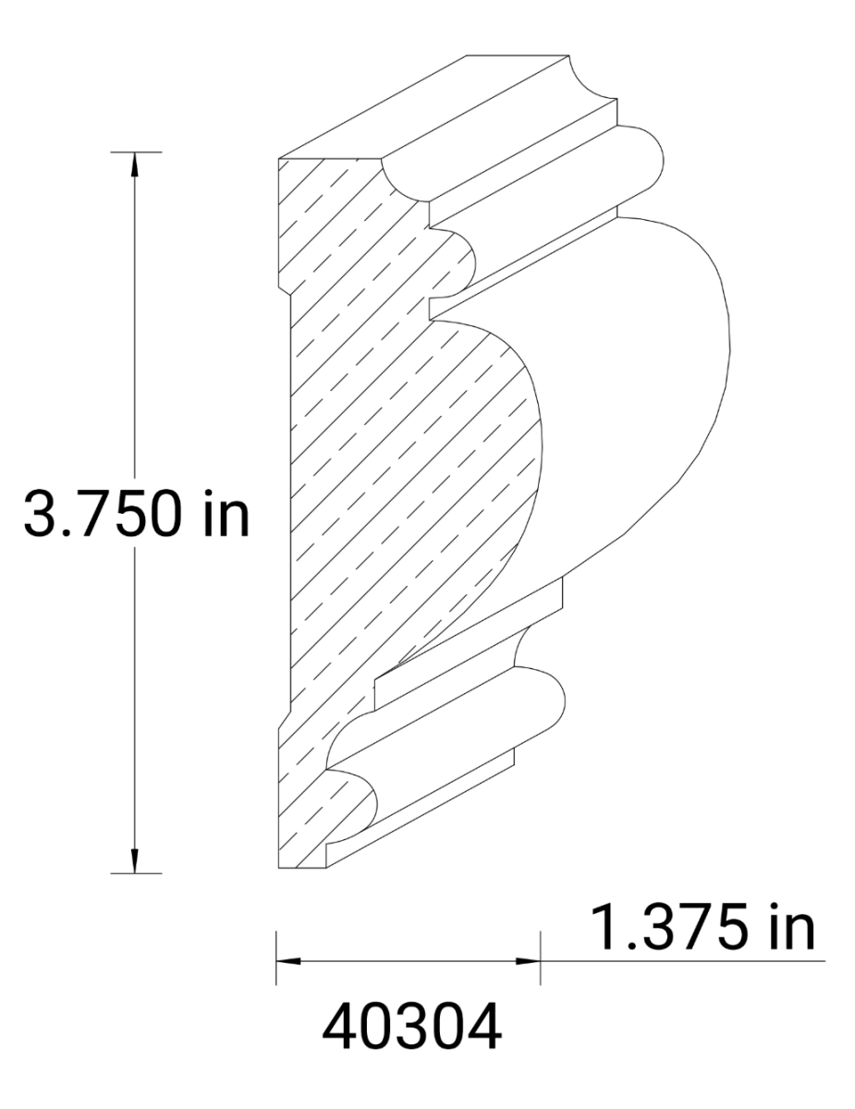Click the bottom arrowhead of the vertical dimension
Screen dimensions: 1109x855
click(x=136, y=860)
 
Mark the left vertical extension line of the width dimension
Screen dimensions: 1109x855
click(x=276, y=961)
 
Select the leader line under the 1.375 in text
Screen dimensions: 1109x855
click(x=684, y=961)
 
